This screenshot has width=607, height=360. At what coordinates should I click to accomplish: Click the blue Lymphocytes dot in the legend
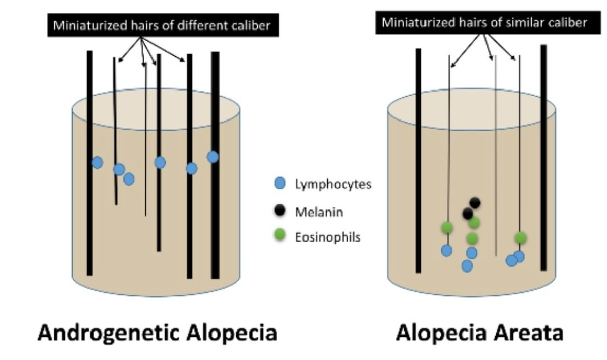[x=279, y=184]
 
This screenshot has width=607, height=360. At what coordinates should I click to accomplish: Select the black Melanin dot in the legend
[x=279, y=211]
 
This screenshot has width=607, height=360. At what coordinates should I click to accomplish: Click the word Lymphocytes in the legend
[x=333, y=184]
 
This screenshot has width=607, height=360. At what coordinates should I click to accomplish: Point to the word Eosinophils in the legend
[x=328, y=236]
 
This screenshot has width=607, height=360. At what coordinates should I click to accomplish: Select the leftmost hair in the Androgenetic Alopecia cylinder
[x=89, y=214]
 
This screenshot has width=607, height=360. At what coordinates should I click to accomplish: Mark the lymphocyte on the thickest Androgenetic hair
[x=213, y=157]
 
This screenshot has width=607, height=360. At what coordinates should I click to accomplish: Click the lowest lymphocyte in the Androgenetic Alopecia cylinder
[x=129, y=179]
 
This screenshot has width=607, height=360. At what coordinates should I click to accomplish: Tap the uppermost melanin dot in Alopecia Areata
[x=475, y=203]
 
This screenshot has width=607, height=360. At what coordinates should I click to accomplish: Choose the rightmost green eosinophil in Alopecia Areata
[x=520, y=237]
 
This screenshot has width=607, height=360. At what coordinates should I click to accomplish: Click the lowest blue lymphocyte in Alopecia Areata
[x=467, y=265]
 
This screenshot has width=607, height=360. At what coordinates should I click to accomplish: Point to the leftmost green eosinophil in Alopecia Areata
[x=447, y=227]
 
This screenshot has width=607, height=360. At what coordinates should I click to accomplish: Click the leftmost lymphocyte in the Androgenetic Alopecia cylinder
[x=97, y=162]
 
